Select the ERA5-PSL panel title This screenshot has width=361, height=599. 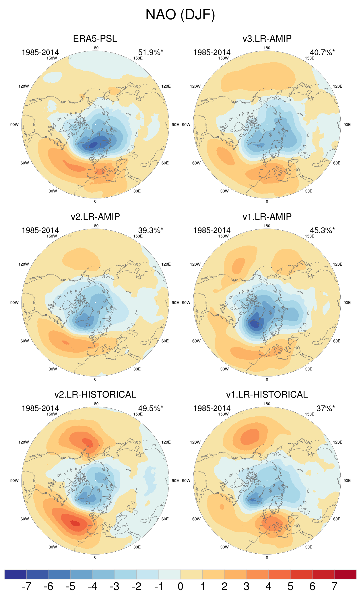(95, 39)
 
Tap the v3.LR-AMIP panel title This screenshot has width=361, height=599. (267, 39)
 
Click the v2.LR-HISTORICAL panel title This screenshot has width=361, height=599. (95, 395)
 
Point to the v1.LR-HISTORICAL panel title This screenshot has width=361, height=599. (267, 395)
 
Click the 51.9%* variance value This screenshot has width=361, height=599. (150, 53)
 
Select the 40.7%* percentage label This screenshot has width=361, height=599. (322, 53)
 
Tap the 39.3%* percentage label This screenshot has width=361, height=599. (150, 231)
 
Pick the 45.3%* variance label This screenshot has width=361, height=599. (322, 231)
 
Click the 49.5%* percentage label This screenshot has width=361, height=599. (150, 408)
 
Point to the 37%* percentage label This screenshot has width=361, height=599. (325, 408)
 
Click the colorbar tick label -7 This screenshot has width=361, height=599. (26, 586)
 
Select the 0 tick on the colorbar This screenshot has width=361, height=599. (180, 586)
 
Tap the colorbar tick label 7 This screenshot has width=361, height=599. (334, 586)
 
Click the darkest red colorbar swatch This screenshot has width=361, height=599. (345, 574)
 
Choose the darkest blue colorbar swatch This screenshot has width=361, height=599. (15, 574)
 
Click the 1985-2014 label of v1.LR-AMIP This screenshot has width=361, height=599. (212, 231)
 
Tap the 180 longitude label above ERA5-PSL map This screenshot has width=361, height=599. (95, 48)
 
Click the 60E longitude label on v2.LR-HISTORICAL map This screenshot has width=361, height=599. (165, 519)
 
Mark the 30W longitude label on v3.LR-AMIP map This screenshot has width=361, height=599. (224, 191)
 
